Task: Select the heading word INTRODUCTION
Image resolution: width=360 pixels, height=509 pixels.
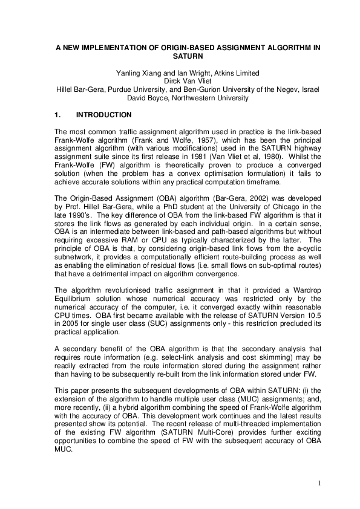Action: (x=108, y=114)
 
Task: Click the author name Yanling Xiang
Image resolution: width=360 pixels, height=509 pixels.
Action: (x=136, y=74)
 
